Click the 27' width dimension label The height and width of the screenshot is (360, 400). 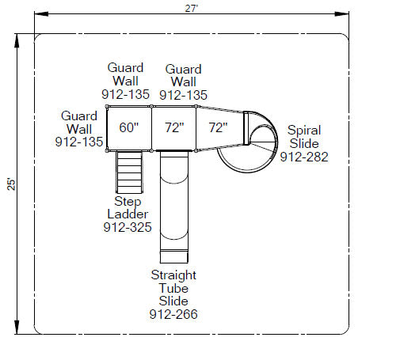191,9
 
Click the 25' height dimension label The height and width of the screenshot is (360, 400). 11,184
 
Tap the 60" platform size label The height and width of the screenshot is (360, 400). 129,127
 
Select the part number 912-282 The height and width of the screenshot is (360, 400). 304,157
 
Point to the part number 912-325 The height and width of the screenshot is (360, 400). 128,227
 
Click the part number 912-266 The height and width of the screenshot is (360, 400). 173,314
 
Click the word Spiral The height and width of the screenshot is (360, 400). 304,131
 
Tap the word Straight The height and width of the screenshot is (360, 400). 173,275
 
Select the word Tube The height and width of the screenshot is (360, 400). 173,288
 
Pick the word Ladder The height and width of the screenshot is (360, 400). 128,214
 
